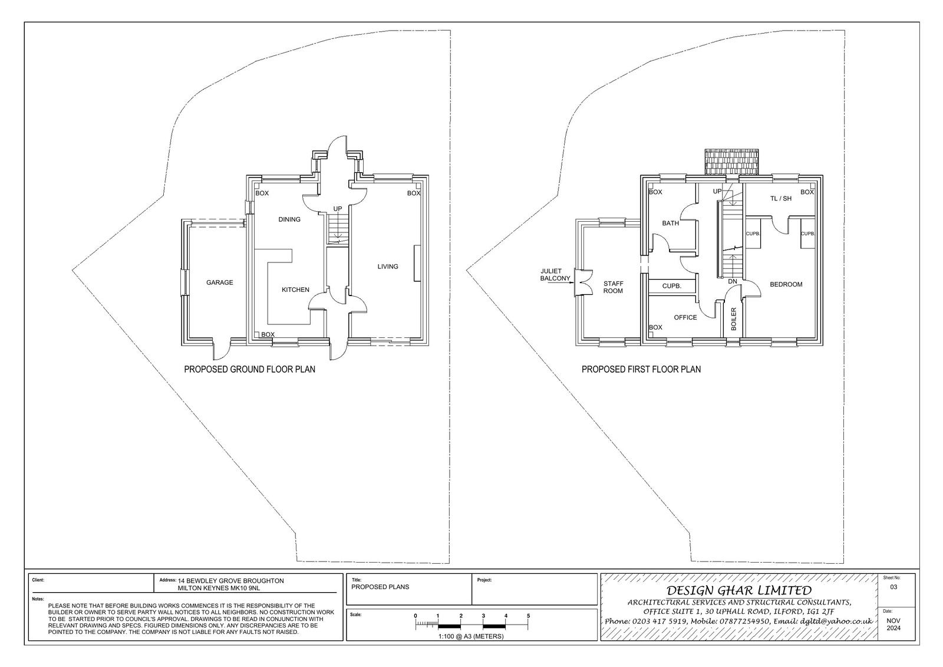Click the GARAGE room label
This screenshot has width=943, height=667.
click(219, 282)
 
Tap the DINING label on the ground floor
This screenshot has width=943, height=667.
click(289, 219)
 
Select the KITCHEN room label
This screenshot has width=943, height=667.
click(295, 290)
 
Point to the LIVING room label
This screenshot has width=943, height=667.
click(387, 267)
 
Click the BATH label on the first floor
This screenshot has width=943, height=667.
click(670, 223)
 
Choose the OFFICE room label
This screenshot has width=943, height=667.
click(685, 317)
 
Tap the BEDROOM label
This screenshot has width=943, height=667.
click(786, 284)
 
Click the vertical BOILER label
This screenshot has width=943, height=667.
click(733, 319)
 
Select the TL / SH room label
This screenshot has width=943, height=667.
click(781, 199)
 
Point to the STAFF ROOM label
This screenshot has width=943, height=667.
click(613, 287)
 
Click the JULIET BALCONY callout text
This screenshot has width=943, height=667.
click(555, 275)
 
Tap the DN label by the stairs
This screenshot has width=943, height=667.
click(733, 281)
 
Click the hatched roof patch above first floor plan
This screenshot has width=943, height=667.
click(732, 162)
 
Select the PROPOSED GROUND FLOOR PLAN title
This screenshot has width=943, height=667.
click(250, 369)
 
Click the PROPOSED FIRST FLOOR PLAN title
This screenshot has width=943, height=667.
click(641, 369)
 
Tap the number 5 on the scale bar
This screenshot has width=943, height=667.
click(528, 616)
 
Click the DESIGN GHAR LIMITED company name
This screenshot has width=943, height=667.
click(739, 590)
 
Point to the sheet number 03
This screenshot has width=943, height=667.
click(893, 587)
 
